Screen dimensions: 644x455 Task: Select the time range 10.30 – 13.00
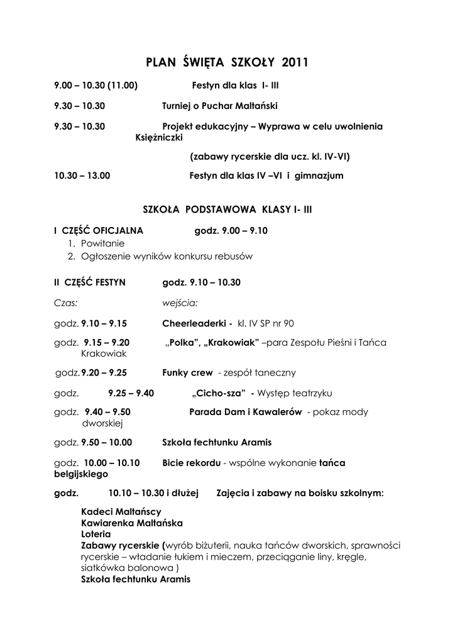(82, 176)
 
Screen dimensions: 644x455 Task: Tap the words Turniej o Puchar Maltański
(219, 106)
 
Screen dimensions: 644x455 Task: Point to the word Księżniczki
(158, 138)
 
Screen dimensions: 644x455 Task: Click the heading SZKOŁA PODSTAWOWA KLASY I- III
(227, 209)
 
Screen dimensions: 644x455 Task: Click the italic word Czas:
(66, 303)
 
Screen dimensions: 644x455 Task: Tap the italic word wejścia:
(180, 303)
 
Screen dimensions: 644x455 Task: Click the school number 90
(288, 324)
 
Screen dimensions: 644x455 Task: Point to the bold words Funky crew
(187, 373)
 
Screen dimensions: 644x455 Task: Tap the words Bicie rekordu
(191, 463)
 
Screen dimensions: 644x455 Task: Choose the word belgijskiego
(81, 474)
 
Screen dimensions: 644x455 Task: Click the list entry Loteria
(96, 533)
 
